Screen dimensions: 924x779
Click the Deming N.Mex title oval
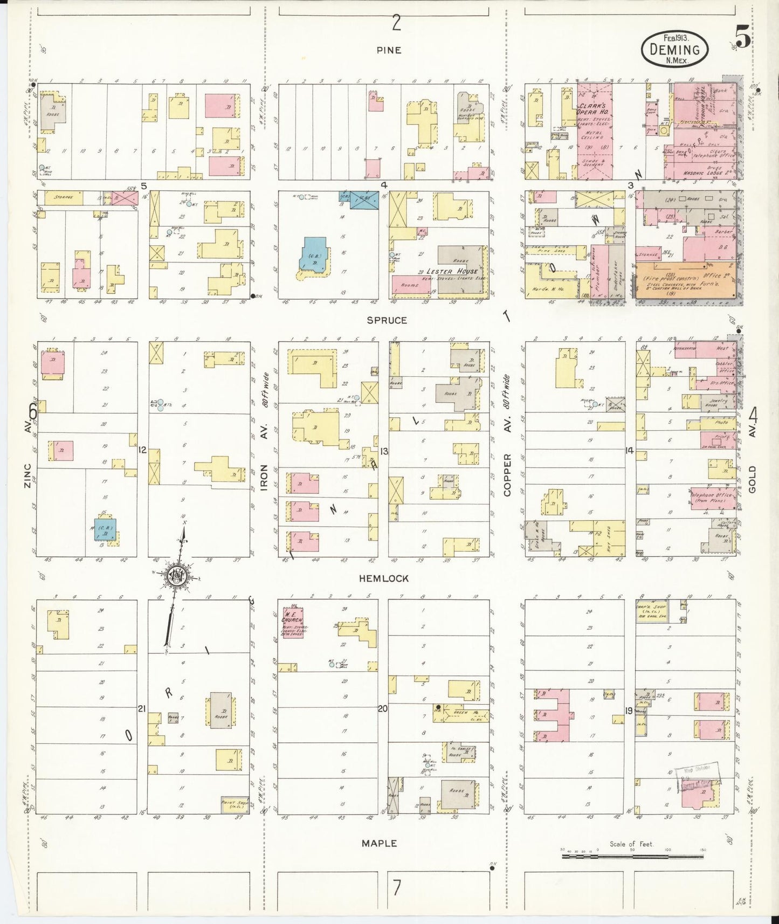(674, 50)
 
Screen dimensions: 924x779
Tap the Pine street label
(389, 50)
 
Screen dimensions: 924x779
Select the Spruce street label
(387, 320)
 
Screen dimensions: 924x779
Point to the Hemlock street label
(383, 578)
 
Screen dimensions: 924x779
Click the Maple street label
(379, 843)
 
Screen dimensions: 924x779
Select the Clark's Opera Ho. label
(595, 109)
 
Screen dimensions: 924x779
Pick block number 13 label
(383, 451)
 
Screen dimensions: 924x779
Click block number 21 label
(142, 708)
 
